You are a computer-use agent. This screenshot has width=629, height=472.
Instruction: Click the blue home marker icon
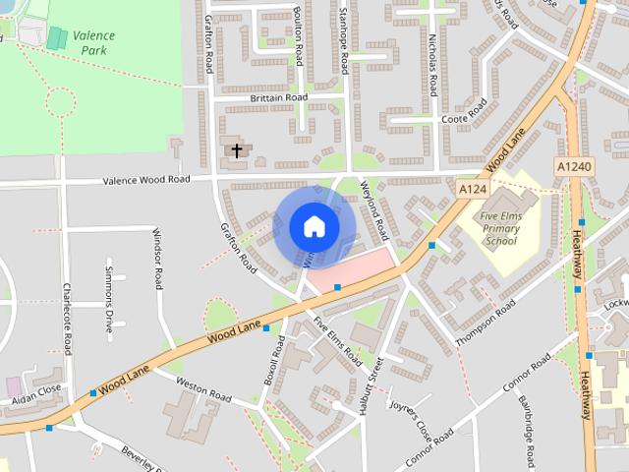tap(314, 226)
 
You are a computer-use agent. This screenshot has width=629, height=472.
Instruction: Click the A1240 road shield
tap(573, 167)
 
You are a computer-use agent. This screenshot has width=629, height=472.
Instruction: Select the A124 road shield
tap(472, 187)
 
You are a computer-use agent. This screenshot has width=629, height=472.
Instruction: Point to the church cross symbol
tap(236, 150)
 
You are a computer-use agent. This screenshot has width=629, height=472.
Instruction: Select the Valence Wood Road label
tap(146, 180)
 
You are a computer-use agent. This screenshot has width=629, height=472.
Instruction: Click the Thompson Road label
tap(485, 322)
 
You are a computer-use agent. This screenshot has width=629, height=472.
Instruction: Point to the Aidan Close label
tap(36, 393)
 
